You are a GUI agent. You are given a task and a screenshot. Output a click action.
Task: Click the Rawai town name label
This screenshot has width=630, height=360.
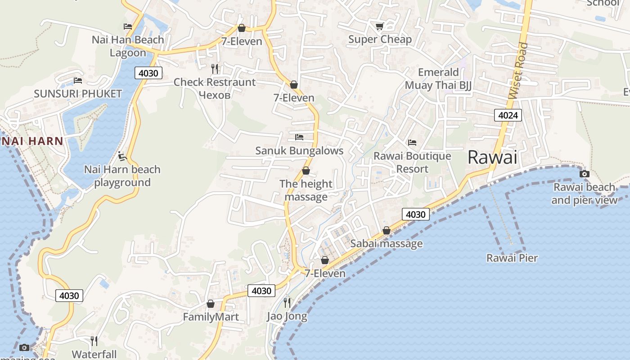point(492,157)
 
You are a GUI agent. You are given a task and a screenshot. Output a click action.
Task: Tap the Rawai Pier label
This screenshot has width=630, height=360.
point(512,258)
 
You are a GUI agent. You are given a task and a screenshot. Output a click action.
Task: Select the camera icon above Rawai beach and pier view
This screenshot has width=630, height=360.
point(584,174)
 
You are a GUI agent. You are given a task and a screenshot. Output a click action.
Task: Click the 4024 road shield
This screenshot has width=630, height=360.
point(508,115)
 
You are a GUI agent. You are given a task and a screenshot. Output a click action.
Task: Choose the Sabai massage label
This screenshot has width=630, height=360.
point(387,244)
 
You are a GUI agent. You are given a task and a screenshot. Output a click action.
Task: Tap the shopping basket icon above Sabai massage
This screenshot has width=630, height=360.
point(386,231)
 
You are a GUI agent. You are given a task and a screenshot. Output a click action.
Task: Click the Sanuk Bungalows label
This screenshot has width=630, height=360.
point(299,151)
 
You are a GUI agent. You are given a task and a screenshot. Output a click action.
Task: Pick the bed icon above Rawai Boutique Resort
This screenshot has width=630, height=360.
point(412,143)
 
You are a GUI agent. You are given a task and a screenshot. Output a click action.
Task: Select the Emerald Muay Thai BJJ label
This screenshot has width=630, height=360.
point(438,79)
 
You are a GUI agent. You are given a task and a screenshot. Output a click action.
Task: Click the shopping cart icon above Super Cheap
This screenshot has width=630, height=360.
point(379,27)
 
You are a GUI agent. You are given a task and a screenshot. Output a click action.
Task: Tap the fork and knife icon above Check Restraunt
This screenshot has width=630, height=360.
point(215,69)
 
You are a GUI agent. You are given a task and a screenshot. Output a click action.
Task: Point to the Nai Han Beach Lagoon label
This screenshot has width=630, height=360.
point(128,46)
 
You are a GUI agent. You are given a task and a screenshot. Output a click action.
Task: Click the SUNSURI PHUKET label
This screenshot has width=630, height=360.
point(78,94)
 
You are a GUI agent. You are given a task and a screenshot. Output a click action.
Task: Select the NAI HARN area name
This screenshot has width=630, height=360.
point(32,141)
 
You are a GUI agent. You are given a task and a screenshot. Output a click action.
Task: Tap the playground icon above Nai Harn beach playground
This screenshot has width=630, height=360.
point(122,156)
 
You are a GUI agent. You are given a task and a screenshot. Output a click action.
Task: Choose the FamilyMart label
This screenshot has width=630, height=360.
point(211,317)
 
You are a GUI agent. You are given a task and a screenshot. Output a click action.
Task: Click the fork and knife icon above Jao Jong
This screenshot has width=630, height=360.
point(287,302)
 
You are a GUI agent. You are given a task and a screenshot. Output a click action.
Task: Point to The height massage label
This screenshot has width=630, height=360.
point(306,190)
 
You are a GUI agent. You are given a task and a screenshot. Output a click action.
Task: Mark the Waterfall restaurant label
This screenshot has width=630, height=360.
point(94,354)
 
